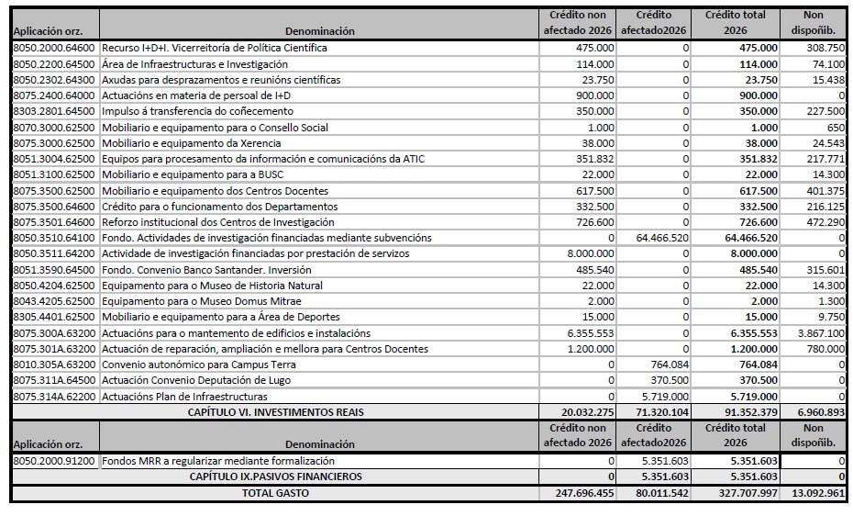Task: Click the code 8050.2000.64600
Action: tap(54, 48)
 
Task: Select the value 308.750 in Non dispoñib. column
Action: tap(825, 48)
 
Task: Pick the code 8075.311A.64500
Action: tap(54, 380)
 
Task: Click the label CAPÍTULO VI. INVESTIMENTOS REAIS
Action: tap(275, 412)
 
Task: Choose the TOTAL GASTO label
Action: tap(275, 493)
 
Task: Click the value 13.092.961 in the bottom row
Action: tap(817, 493)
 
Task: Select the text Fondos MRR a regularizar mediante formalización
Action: tap(217, 460)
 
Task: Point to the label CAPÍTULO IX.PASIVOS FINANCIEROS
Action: tap(275, 477)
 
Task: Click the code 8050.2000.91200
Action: tap(54, 460)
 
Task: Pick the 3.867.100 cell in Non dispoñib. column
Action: tap(821, 332)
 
